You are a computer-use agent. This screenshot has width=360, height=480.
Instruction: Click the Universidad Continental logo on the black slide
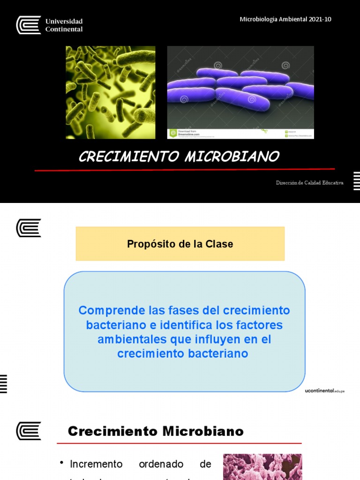tap(49, 25)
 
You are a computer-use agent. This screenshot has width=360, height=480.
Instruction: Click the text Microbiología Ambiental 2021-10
tap(285, 19)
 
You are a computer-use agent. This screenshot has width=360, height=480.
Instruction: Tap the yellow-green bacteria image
tap(111, 92)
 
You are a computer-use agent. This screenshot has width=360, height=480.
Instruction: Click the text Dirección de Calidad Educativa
tap(309, 183)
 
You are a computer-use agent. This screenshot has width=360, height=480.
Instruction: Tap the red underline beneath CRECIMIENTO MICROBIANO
tap(185, 169)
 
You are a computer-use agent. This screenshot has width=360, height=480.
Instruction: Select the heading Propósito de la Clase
tap(180, 244)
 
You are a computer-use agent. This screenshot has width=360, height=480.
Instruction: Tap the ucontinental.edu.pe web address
tap(324, 390)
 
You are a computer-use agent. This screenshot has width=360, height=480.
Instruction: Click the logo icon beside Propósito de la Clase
tap(29, 228)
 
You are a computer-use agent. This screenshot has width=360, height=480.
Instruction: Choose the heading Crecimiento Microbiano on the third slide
tap(156, 431)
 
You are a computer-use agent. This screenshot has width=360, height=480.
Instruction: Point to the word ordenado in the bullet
tap(161, 464)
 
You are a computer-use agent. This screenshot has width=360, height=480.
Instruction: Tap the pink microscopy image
tap(262, 467)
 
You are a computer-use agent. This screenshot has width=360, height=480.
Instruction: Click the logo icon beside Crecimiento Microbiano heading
tap(29, 431)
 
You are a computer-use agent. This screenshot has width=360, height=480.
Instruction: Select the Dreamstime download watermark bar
tap(240, 134)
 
